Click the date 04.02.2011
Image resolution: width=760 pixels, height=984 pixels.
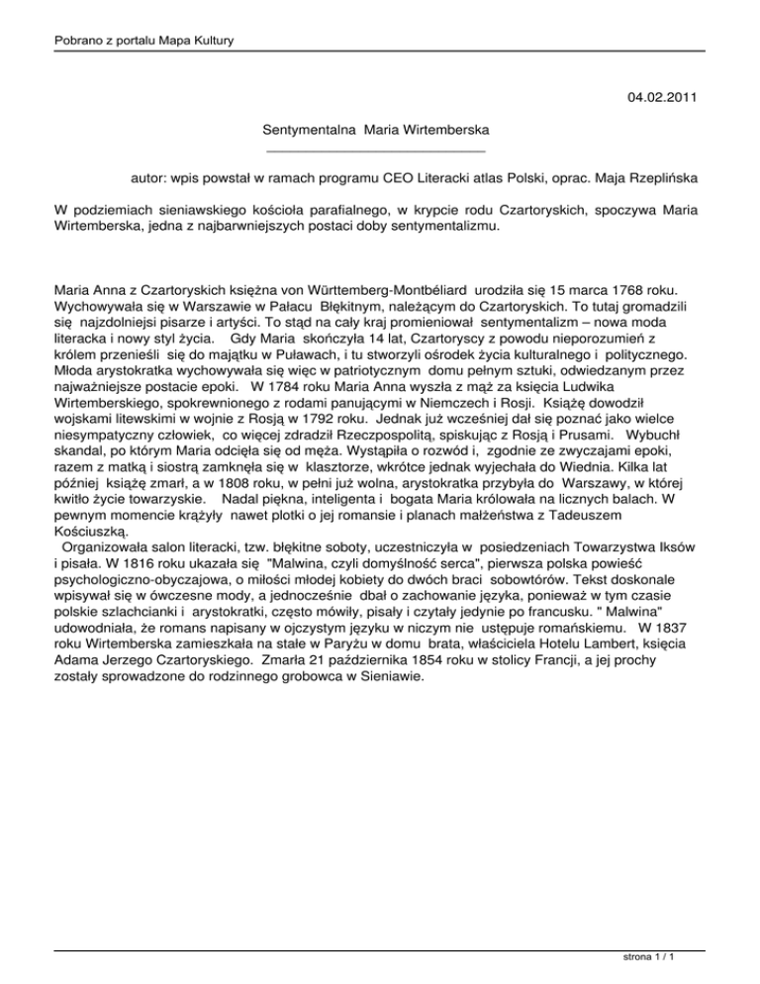pyautogui.click(x=668, y=97)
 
